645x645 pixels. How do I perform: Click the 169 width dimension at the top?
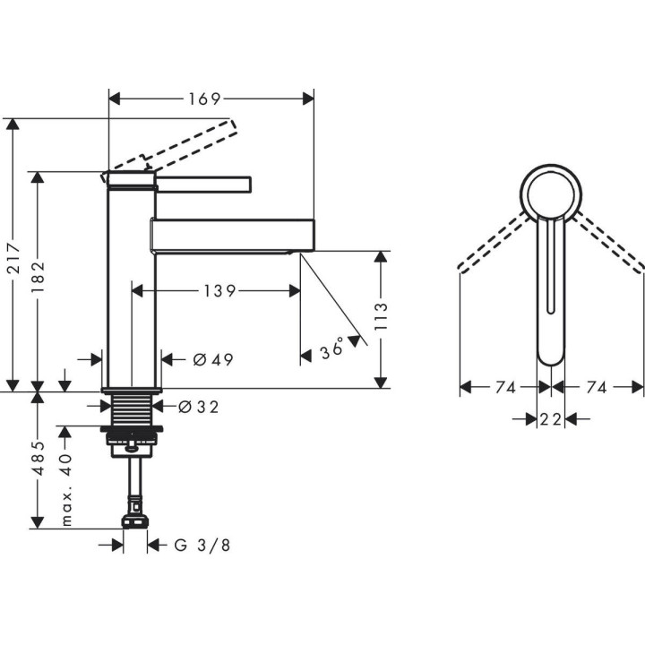pyautogui.click(x=205, y=98)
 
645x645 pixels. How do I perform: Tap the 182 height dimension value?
pyautogui.click(x=38, y=280)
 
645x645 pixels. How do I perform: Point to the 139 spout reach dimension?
pyautogui.click(x=218, y=290)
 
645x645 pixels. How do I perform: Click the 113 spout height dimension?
pyautogui.click(x=382, y=319)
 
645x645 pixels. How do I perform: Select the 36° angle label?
pyautogui.click(x=332, y=349)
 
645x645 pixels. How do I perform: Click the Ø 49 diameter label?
pyautogui.click(x=213, y=360)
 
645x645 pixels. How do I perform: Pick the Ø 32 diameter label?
pyautogui.click(x=199, y=407)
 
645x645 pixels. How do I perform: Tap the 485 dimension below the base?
pyautogui.click(x=38, y=459)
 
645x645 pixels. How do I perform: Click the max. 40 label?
pyautogui.click(x=65, y=488)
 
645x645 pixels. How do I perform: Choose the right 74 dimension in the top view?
pyautogui.click(x=597, y=387)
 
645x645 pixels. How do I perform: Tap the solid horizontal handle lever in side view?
pyautogui.click(x=204, y=184)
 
